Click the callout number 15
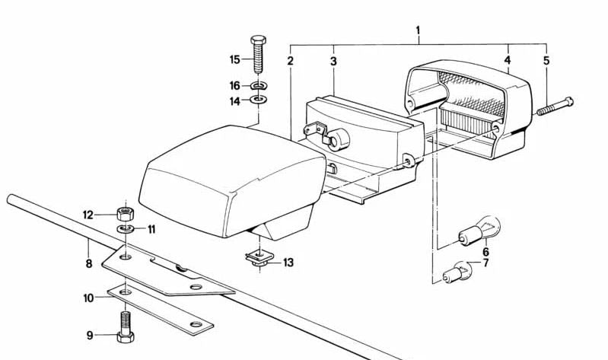(x=235, y=59)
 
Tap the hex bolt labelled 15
(x=258, y=54)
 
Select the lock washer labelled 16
(x=259, y=85)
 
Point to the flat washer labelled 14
(x=258, y=100)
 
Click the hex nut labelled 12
(x=126, y=214)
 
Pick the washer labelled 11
(x=126, y=228)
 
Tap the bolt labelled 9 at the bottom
(x=126, y=327)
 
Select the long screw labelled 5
(x=555, y=106)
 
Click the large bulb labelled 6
(x=479, y=231)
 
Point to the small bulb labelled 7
(x=456, y=272)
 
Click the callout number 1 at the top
(x=418, y=30)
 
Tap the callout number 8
(x=89, y=264)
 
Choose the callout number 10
(x=88, y=298)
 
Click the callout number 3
(x=333, y=62)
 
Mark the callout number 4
(x=508, y=59)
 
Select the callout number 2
(x=291, y=61)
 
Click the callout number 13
(x=288, y=263)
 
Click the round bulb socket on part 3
(x=338, y=139)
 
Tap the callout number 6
(x=485, y=253)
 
